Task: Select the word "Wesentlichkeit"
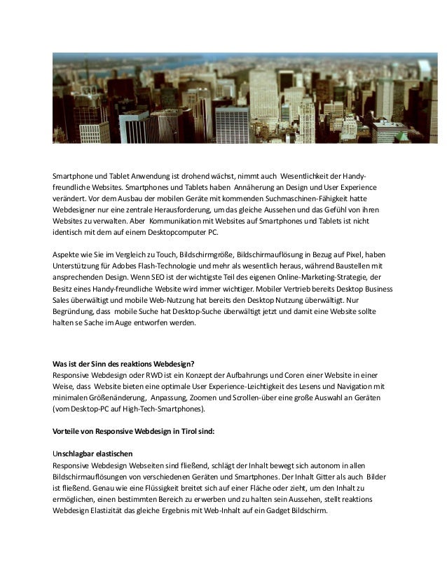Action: click(x=309, y=175)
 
